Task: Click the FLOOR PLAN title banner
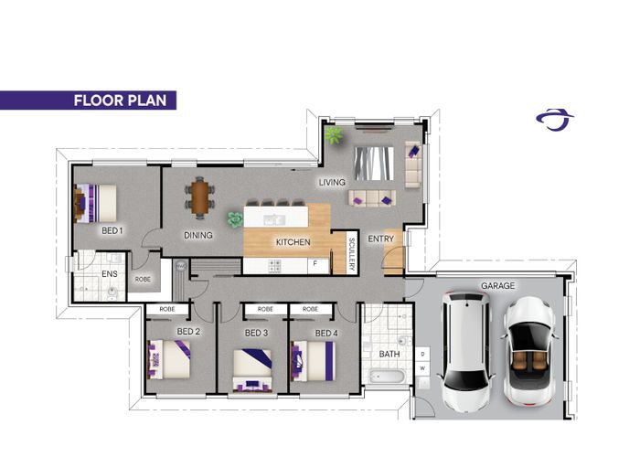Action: (88, 101)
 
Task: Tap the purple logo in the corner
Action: (554, 120)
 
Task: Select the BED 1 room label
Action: (112, 230)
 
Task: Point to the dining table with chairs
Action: (199, 198)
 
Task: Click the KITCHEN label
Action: (293, 242)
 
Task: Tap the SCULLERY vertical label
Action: (352, 254)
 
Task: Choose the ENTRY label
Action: (381, 239)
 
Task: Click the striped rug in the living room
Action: (374, 164)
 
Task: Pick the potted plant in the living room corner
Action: (334, 135)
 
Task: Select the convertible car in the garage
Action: (529, 351)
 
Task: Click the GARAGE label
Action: (497, 285)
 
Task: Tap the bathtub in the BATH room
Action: (386, 377)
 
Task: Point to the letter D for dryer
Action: (422, 354)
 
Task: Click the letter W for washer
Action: (422, 368)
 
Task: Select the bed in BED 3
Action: (252, 370)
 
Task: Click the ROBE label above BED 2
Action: (167, 309)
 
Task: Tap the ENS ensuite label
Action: (110, 274)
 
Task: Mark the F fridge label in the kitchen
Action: (315, 263)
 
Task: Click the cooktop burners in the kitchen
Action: (274, 266)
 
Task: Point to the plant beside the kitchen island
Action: (235, 219)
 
